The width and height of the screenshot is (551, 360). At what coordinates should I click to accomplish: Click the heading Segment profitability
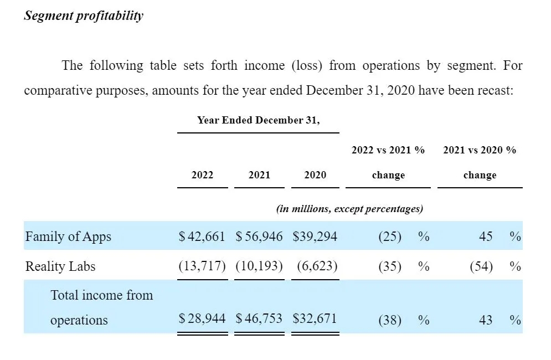point(84,16)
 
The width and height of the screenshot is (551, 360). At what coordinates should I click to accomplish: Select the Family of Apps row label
point(68,236)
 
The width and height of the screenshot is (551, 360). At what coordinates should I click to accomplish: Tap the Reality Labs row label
point(60,266)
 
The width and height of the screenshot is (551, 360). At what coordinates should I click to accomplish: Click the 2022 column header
point(203,174)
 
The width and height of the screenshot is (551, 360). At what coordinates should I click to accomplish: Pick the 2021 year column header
point(259,174)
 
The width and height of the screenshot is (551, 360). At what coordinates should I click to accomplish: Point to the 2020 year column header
point(315,174)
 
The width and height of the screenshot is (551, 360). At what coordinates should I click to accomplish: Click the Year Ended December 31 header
point(258,120)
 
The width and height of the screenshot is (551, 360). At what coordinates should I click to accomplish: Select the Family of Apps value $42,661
point(202,236)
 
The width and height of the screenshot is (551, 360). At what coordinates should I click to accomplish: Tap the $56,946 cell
point(259,236)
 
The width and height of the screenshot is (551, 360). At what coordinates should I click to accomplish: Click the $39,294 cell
point(315,236)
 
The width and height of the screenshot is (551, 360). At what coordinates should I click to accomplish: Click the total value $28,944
point(202,318)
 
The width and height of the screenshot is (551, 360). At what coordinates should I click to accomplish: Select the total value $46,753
point(259,318)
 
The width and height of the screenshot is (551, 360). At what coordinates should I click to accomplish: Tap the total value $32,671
point(315,318)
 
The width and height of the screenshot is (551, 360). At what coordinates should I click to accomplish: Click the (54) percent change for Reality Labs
point(481,266)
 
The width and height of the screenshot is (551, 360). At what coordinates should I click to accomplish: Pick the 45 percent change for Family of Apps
point(486,236)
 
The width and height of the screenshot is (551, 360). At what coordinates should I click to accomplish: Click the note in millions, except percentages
point(349,209)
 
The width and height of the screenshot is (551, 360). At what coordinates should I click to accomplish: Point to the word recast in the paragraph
point(496,90)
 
